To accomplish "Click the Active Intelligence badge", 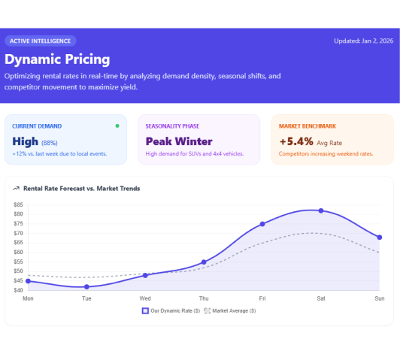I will (x=41, y=41).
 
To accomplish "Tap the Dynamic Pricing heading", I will (x=57, y=59).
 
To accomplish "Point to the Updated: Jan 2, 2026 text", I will (x=363, y=41).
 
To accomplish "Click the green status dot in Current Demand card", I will (x=117, y=126).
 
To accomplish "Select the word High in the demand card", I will (x=26, y=141).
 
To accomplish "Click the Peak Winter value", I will (x=179, y=141).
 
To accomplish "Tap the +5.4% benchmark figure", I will (x=296, y=141).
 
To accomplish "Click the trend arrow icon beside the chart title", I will (x=16, y=189).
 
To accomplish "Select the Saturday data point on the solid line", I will (x=321, y=210).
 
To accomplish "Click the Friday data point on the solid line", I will (x=262, y=224).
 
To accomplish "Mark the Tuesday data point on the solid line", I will (x=86, y=286).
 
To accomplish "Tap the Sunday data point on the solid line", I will (x=380, y=237).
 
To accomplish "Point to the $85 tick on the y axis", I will (x=18, y=214).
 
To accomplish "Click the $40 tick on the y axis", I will (x=18, y=290).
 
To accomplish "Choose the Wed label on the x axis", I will (x=145, y=299).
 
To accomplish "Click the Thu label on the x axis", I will (x=204, y=299).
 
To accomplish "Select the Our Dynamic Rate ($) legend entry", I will (x=170, y=310).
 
